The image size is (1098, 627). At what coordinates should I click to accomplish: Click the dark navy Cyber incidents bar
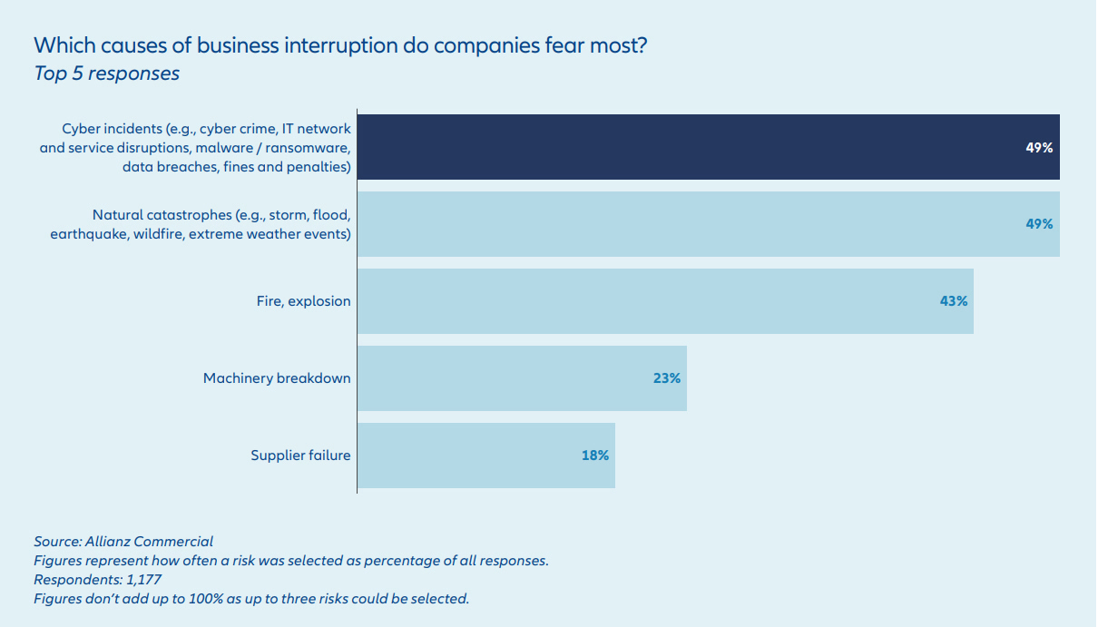pyautogui.click(x=708, y=147)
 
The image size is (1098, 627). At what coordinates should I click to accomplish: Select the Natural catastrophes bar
pyautogui.click(x=708, y=224)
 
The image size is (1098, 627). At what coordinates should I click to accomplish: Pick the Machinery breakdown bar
pyautogui.click(x=522, y=378)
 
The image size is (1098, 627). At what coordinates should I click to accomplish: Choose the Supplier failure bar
pyautogui.click(x=485, y=456)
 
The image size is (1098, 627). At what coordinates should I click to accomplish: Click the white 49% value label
pyautogui.click(x=1039, y=148)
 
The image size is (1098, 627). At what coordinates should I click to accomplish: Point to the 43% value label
pyautogui.click(x=954, y=301)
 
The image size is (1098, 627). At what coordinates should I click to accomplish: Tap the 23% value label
pyautogui.click(x=666, y=378)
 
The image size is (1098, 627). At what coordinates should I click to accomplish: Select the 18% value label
pyautogui.click(x=595, y=456)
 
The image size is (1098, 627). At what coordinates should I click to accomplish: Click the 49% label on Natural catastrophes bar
pyautogui.click(x=1039, y=224)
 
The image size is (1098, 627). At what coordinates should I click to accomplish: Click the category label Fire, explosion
pyautogui.click(x=303, y=301)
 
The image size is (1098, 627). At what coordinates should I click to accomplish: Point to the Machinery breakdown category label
pyautogui.click(x=277, y=378)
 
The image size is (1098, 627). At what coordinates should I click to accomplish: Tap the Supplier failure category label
pyautogui.click(x=300, y=456)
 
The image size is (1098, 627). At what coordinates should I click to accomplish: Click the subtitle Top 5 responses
pyautogui.click(x=106, y=73)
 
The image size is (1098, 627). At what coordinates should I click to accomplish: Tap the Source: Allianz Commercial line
pyautogui.click(x=123, y=542)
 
